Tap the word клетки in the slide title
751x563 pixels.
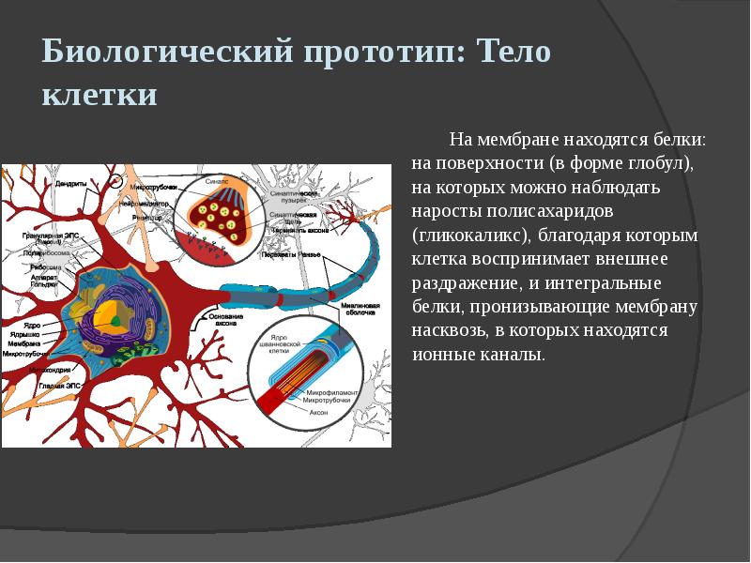click(100, 96)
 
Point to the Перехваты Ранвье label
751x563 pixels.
click(291, 254)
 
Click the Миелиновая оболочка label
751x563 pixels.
click(360, 310)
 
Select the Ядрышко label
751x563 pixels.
click(23, 334)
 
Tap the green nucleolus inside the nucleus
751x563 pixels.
click(115, 320)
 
